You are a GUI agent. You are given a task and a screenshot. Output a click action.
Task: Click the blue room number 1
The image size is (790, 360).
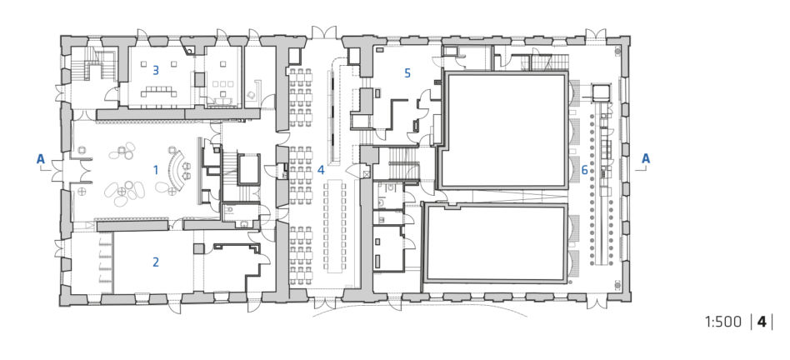pyautogui.click(x=156, y=170)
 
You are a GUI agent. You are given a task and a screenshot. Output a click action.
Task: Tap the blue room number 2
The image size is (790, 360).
pyautogui.click(x=156, y=262)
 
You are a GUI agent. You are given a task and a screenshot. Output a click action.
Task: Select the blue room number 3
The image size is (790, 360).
pyautogui.click(x=156, y=71)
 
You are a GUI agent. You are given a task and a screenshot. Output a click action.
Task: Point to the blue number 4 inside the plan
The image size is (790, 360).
pyautogui.click(x=321, y=170)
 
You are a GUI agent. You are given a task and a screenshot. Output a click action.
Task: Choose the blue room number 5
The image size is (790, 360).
pyautogui.click(x=407, y=73)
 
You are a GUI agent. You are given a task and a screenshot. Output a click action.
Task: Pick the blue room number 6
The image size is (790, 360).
pyautogui.click(x=584, y=170)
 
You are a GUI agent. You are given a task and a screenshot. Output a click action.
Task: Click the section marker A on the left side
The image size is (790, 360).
pyautogui.click(x=40, y=159)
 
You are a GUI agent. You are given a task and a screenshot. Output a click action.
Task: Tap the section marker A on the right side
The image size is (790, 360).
pyautogui.click(x=645, y=159)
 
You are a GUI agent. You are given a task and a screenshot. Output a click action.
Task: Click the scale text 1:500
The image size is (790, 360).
pyautogui.click(x=723, y=322)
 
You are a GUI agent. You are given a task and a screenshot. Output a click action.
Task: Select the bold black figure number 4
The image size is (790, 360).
pyautogui.click(x=762, y=322)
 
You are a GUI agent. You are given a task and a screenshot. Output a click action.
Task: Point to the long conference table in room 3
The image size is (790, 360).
pyautogui.click(x=158, y=92)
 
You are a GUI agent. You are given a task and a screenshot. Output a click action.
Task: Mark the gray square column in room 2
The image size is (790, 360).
pyautogui.click(x=198, y=248)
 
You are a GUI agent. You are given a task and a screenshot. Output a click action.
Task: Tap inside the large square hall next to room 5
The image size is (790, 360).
pyautogui.click(x=504, y=130)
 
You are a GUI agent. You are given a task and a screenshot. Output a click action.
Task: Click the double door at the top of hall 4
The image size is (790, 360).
pyautogui.click(x=324, y=32)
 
